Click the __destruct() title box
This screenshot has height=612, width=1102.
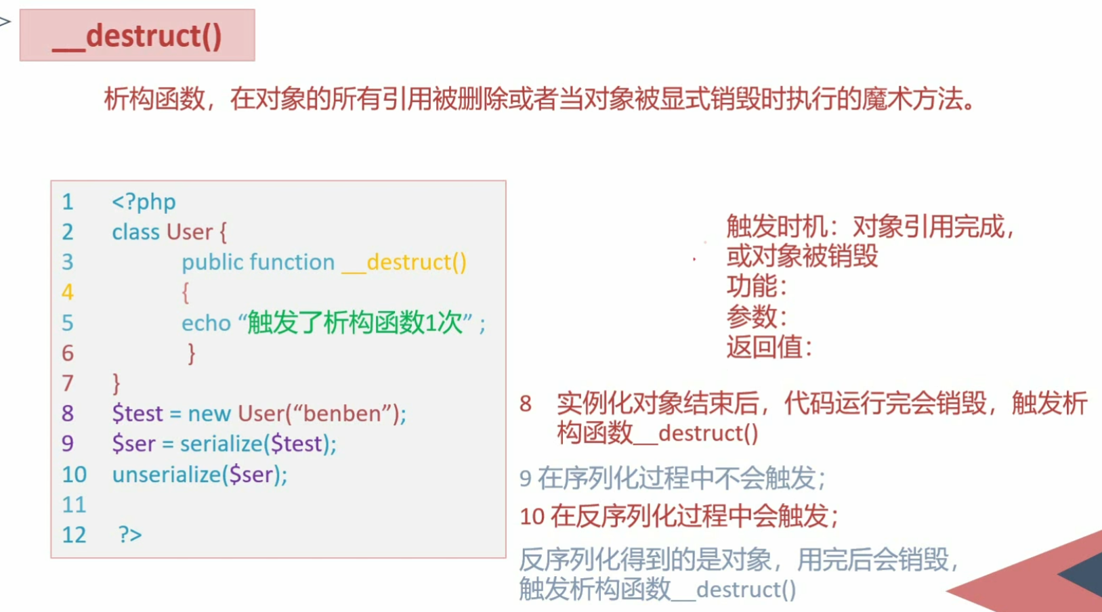pos(137,35)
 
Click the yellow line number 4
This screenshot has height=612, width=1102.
pos(68,292)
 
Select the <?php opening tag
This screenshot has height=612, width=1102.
pos(144,202)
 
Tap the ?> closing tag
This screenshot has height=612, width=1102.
pos(130,535)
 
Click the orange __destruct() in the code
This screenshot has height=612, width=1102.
pos(404,262)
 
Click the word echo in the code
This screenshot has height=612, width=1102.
pos(206,324)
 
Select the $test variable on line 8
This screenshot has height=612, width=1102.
pos(137,414)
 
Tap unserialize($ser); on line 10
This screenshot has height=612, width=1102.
pos(200,475)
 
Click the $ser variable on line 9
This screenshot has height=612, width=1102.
pos(133,444)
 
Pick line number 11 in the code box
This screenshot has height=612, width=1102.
pos(74,505)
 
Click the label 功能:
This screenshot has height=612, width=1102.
pos(757,286)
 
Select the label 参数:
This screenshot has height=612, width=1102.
pos(757,317)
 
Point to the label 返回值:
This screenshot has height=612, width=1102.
pos(769,347)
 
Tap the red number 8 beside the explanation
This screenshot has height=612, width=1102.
pos(526,404)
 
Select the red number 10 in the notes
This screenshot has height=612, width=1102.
pos(532,517)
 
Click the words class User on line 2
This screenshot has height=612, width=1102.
pos(163,232)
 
